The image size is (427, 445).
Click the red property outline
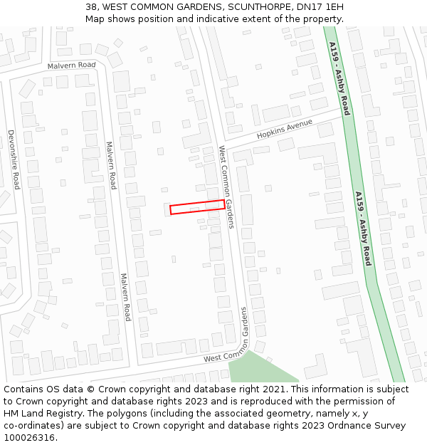click(197, 207)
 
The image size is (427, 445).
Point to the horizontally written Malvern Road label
click(71, 66)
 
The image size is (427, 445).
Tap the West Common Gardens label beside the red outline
click(226, 187)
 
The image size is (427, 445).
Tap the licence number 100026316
click(29, 438)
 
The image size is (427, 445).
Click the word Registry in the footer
click(58, 414)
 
